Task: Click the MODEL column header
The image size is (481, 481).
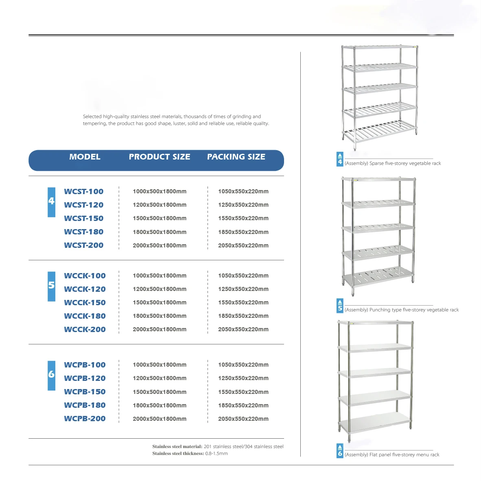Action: [85, 157]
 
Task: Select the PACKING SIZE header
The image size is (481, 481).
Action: [236, 157]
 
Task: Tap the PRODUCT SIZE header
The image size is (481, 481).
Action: [160, 157]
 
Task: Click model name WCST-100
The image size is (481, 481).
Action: [84, 191]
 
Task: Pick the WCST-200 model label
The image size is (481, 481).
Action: [84, 245]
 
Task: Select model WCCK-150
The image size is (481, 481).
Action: [85, 302]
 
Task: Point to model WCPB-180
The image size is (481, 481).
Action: [85, 405]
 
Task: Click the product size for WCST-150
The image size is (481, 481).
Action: [160, 219]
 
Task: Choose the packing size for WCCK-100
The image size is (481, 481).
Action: [243, 275]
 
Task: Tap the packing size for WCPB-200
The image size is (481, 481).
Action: [243, 419]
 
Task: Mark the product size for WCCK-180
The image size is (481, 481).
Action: [160, 316]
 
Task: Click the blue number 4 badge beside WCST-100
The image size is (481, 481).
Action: [51, 201]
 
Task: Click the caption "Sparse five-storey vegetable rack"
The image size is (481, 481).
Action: [393, 163]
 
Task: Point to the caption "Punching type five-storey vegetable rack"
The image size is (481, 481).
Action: [402, 310]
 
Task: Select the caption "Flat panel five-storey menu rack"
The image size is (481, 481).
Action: [392, 455]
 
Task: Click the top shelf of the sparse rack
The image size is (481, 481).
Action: [379, 47]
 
